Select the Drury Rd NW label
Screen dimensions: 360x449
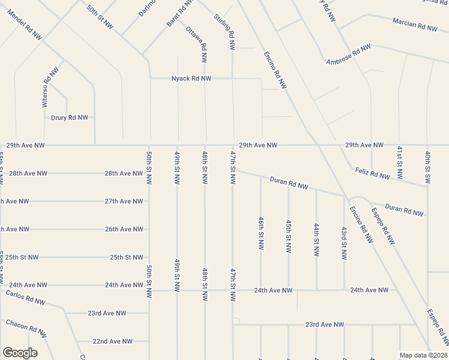coord(70,118)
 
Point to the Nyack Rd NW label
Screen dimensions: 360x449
coord(191,79)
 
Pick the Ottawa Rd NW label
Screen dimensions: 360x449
coord(197,45)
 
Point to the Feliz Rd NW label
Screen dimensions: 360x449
coord(372,173)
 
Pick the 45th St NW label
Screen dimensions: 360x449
coord(289,236)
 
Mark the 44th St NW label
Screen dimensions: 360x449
coord(316,239)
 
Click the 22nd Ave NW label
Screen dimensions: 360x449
coord(112,341)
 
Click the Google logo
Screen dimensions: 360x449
coord(20,353)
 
